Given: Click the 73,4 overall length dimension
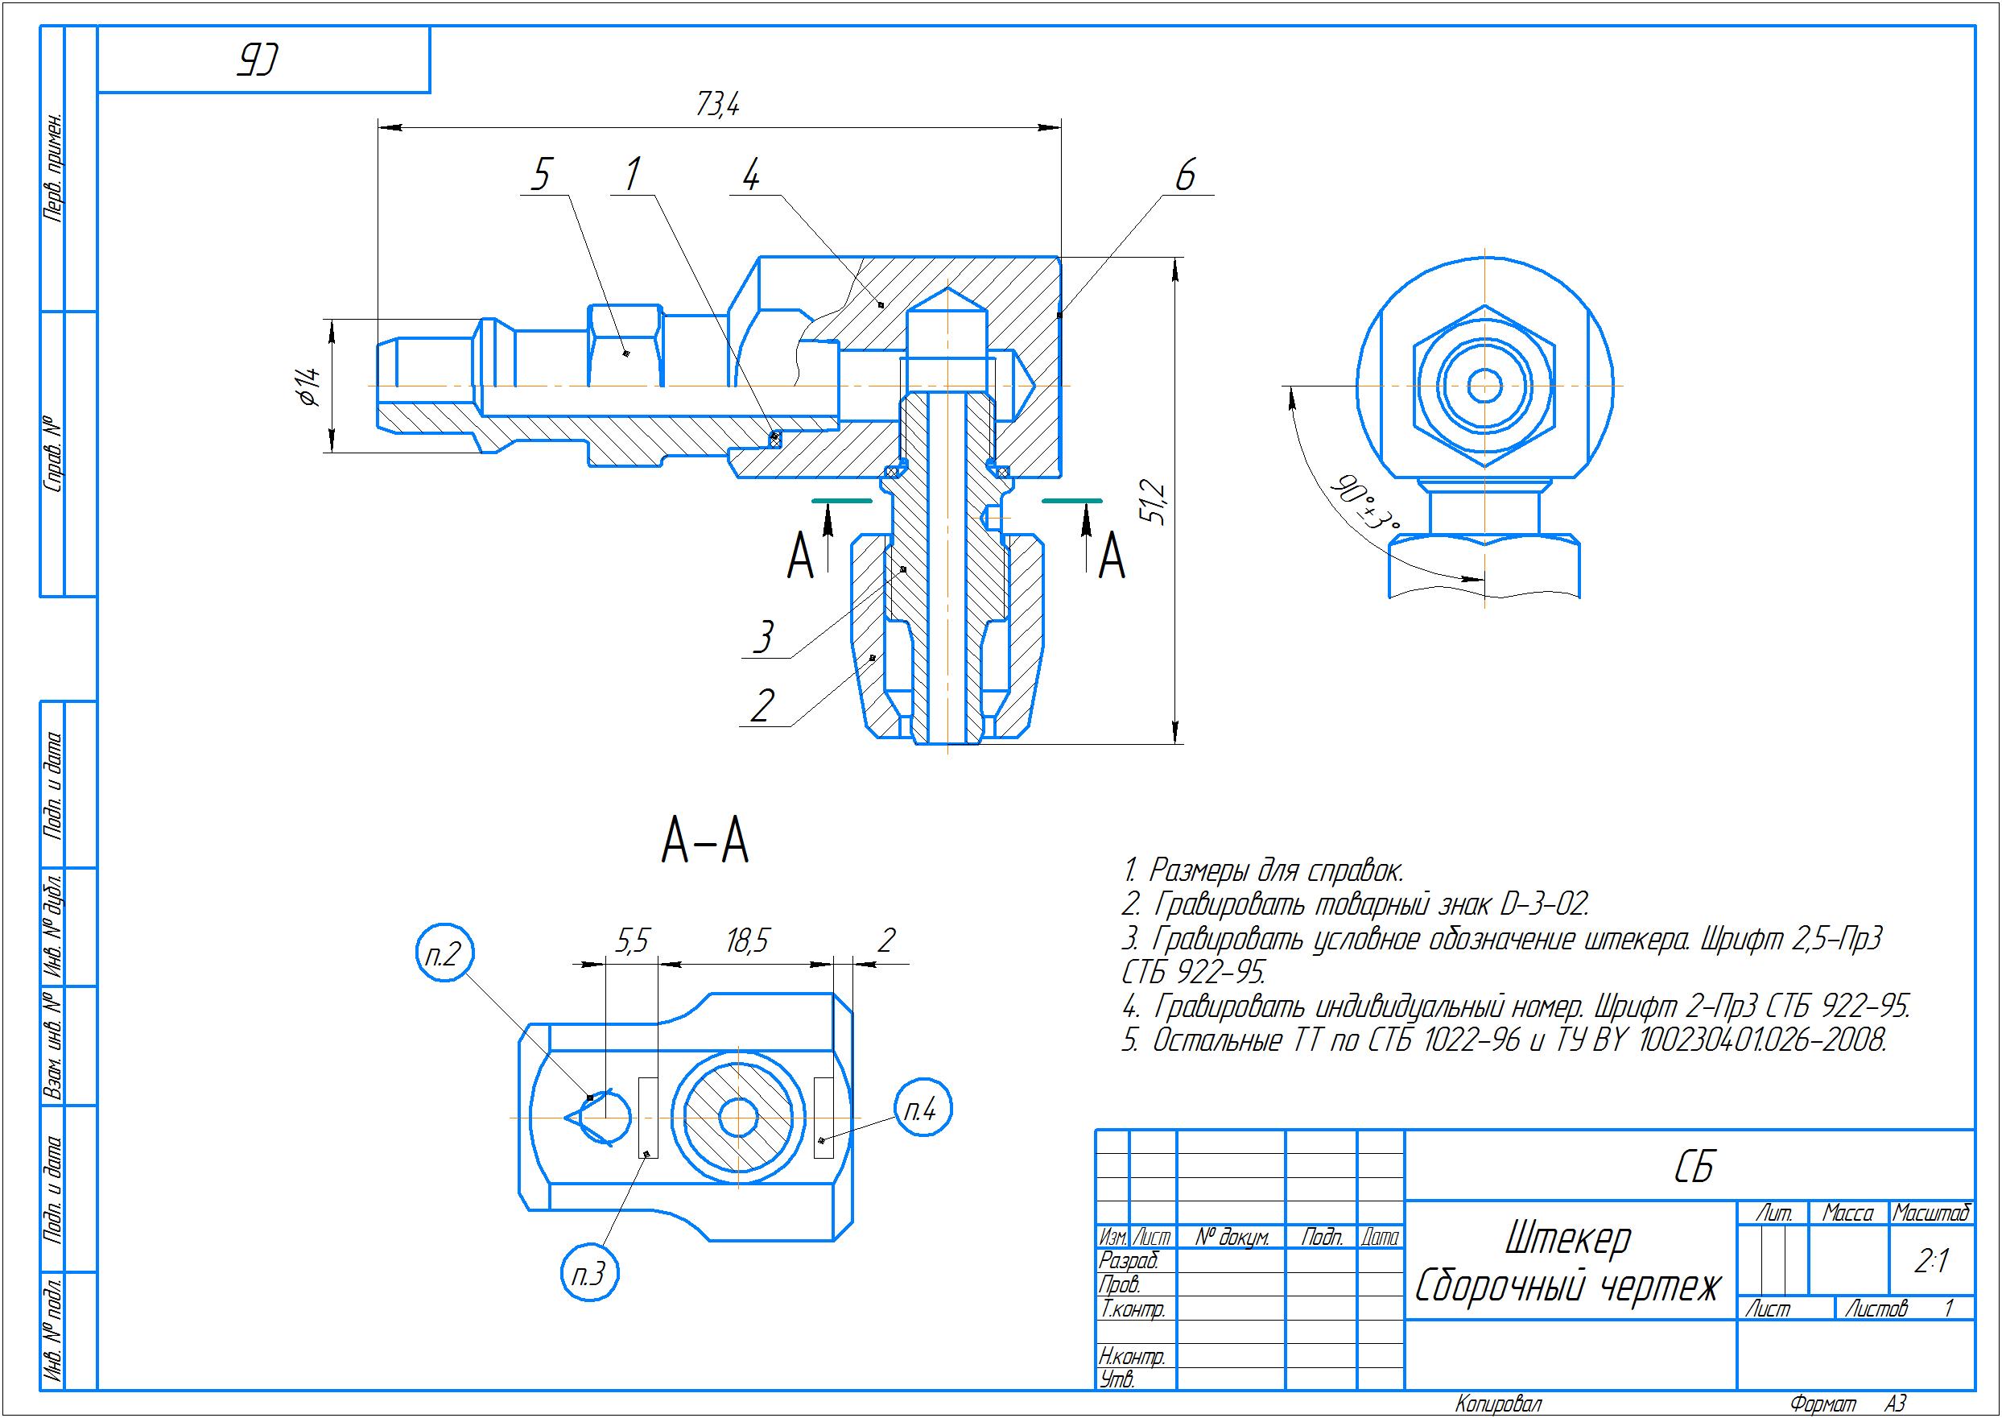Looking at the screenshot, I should click(x=717, y=105).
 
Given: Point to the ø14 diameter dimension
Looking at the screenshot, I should click(x=308, y=386).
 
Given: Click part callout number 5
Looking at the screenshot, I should click(x=541, y=175).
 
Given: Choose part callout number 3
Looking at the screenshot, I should click(x=764, y=636).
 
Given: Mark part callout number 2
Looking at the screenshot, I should click(x=762, y=705).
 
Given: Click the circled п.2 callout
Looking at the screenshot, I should click(x=444, y=954).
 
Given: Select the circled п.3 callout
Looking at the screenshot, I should click(x=590, y=1275).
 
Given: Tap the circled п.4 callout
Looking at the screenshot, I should click(x=923, y=1110).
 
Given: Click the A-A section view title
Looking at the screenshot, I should click(x=705, y=842).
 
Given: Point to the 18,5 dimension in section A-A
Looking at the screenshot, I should click(x=747, y=941).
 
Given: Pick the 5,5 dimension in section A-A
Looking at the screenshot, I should click(x=632, y=941).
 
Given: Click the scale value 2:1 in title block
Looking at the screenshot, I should click(x=1930, y=1261).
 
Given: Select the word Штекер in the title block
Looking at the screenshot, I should click(x=1567, y=1238).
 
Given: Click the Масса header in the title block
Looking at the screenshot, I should click(x=1847, y=1213).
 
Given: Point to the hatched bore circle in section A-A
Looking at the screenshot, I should click(x=738, y=1118).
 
